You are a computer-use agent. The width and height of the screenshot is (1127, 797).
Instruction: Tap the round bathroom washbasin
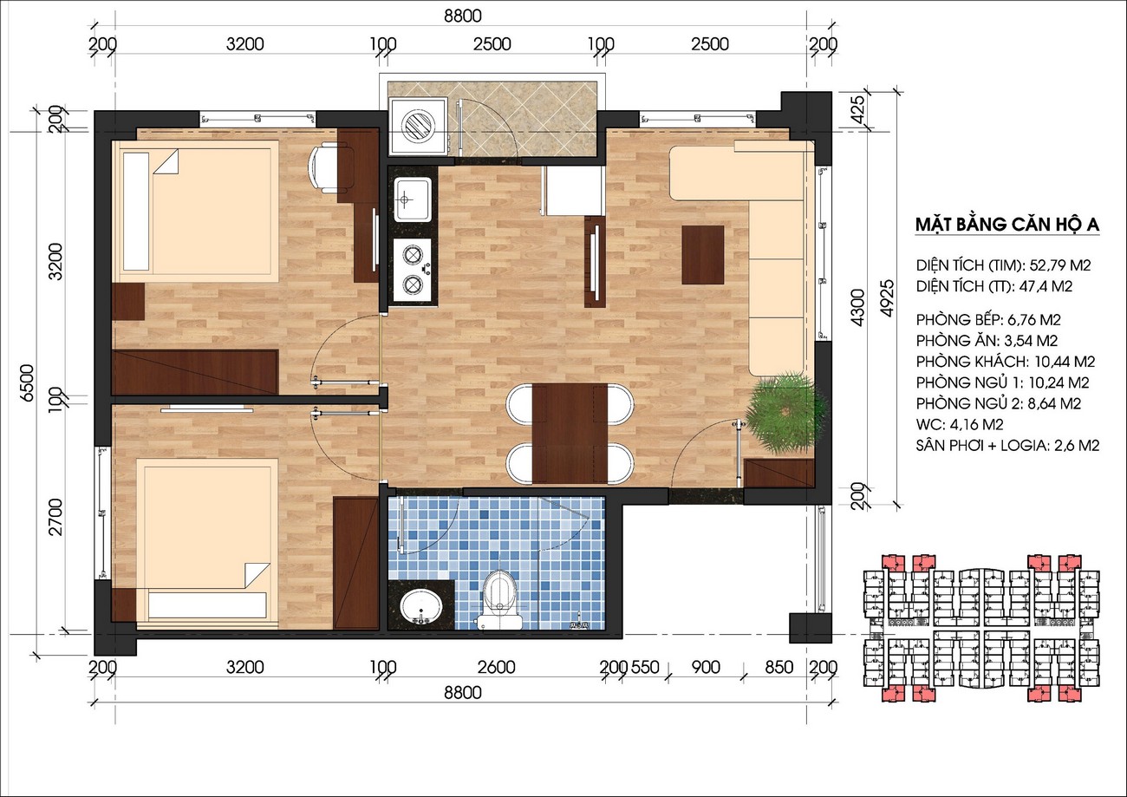tap(420, 607)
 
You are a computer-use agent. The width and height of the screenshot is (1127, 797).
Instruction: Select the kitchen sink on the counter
tap(413, 199)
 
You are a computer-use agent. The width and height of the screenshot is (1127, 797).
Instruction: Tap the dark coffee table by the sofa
tap(703, 255)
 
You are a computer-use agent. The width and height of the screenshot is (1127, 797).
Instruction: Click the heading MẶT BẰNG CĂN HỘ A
tap(1007, 225)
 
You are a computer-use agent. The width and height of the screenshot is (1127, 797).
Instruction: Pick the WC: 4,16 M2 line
tap(960, 424)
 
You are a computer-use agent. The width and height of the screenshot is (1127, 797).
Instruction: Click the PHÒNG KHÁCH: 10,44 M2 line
tap(1006, 362)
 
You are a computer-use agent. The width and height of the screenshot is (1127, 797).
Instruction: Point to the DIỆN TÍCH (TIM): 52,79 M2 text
tap(1003, 265)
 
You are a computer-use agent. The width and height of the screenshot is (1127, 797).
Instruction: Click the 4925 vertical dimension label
tap(888, 297)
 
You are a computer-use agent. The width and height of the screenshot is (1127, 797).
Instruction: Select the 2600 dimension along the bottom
tap(496, 667)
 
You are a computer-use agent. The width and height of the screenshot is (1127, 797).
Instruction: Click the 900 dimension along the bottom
tap(706, 667)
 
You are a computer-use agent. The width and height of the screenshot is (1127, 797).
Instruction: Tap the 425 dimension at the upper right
tap(858, 107)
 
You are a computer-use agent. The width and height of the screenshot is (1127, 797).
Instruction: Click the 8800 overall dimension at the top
tap(462, 16)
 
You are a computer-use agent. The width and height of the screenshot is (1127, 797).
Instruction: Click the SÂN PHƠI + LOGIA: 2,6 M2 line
tap(1007, 445)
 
